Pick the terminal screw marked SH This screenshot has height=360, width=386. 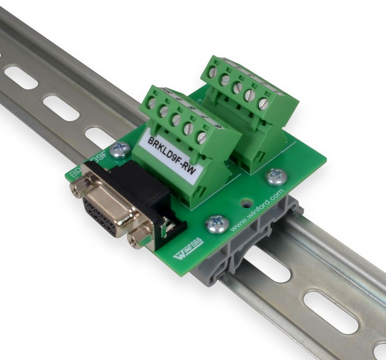152,103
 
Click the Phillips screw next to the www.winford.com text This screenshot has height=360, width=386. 217,224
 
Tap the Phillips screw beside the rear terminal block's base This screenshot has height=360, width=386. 276,176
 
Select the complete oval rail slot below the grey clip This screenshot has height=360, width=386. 324,306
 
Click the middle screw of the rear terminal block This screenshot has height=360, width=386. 237,88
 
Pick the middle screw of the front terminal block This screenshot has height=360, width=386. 177,120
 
